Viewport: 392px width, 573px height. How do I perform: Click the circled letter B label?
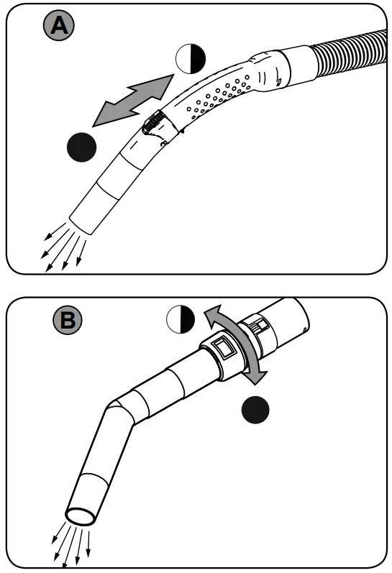[x=67, y=321]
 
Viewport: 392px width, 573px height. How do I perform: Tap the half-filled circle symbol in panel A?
[x=190, y=58]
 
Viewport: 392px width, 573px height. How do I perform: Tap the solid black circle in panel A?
[x=81, y=148]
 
